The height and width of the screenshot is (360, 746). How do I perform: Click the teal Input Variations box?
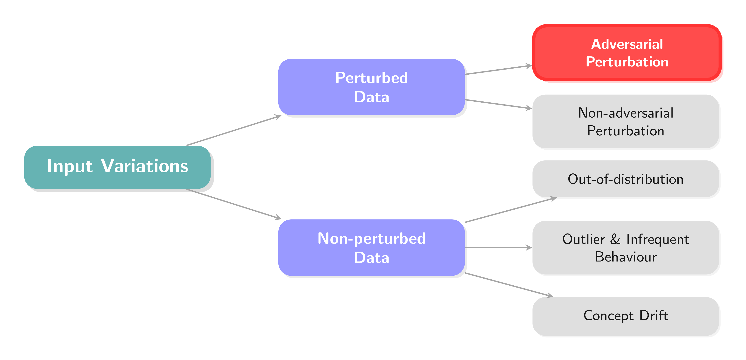pos(117,167)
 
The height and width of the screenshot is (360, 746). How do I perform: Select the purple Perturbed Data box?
pos(372,87)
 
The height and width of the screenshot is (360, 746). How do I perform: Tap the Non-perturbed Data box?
pos(372,248)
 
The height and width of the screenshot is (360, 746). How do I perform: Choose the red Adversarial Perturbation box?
pos(627,52)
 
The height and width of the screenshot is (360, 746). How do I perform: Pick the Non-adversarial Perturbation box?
pos(626,121)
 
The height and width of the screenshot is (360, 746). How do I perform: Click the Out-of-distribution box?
pos(626,179)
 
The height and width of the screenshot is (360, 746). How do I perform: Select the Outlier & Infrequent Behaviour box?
pos(626,248)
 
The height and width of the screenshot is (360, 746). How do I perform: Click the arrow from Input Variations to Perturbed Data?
pos(234,130)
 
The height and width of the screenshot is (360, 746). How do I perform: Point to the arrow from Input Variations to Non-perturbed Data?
pos(234,204)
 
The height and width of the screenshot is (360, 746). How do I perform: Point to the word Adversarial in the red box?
pos(627,44)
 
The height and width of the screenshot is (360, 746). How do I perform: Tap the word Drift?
pos(654,315)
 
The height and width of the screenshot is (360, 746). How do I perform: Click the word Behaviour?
pos(626,257)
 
